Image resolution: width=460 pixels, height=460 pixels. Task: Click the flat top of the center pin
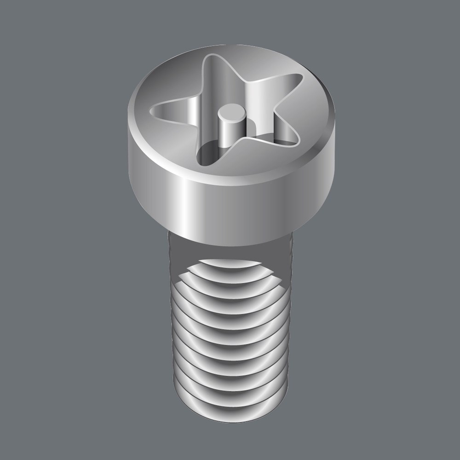point(231,111)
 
